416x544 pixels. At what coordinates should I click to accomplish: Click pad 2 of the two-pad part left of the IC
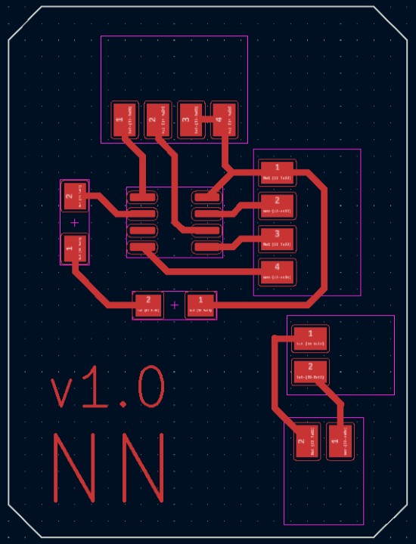tap(74, 196)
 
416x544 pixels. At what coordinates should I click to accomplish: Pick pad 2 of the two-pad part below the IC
tap(148, 304)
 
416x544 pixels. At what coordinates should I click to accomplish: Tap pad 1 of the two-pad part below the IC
tap(200, 304)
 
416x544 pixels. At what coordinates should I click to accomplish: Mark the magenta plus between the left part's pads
tap(74, 223)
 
